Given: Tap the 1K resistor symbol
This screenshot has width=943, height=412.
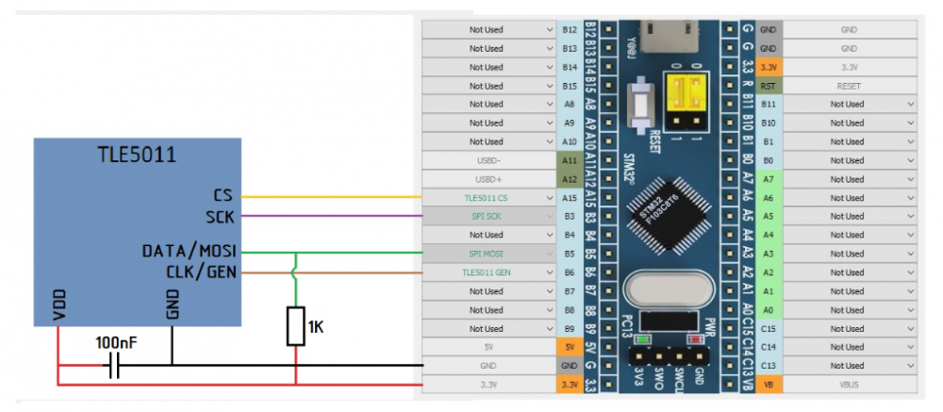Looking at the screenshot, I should [296, 326].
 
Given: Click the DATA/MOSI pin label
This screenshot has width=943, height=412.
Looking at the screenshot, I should [189, 253].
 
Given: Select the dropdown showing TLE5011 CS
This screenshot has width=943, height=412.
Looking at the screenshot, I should [489, 198].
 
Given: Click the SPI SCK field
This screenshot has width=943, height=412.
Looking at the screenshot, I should [489, 217].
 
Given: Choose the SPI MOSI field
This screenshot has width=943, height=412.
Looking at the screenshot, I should [489, 254].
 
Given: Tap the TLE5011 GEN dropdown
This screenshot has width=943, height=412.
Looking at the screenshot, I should [489, 272].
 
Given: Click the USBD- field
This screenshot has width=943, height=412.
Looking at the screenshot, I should [489, 160].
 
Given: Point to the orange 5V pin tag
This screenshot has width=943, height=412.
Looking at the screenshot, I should [569, 347].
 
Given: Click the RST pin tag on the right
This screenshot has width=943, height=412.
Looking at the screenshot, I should [769, 86].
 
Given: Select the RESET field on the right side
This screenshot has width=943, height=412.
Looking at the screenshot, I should [849, 86].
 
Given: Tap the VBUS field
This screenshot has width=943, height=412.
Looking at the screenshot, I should [849, 385].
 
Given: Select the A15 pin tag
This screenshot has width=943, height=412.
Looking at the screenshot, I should [569, 198].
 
